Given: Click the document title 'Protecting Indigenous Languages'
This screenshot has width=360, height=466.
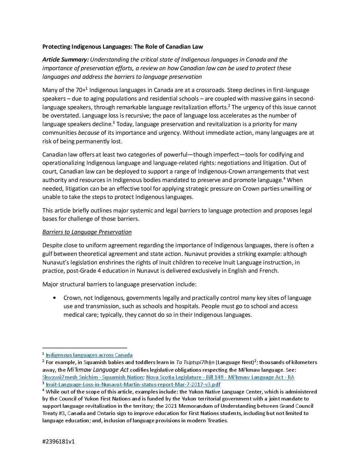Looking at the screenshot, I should pos(122,47).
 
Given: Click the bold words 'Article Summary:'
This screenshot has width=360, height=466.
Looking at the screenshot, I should pos(66,60).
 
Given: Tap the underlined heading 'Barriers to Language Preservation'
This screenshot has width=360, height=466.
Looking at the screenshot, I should pos(87,232).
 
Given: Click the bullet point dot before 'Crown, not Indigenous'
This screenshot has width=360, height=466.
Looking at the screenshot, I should pos(54,298).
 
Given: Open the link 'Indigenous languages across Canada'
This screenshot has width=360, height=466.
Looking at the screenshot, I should pos(89,355).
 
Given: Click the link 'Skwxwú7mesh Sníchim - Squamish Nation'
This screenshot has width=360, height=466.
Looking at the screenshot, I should pos(93,377).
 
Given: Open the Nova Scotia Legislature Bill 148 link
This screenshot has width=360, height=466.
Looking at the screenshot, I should pos(220,377).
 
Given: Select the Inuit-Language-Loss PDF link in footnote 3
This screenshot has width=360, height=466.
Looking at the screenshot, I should pos(133,385).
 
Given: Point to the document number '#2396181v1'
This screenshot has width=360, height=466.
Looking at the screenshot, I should pos(58,442).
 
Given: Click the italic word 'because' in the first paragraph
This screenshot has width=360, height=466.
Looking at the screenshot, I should pos(88,133).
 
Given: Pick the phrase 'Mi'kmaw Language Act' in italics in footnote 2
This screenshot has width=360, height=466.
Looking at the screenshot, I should pos(98,370).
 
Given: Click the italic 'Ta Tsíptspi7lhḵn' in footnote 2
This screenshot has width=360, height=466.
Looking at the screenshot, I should pos(195,362).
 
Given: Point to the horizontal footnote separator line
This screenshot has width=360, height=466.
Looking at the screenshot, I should pos(84,348).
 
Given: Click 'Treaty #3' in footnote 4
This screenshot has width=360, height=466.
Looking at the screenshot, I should pos(52,413).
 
